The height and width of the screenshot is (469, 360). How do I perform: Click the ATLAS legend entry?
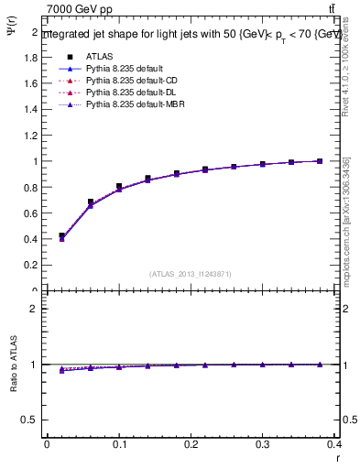[98, 56]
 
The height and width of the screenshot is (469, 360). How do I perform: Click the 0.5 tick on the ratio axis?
[30, 420]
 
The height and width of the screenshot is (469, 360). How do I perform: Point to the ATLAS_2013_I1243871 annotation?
[190, 274]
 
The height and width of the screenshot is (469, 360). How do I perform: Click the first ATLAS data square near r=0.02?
[61, 236]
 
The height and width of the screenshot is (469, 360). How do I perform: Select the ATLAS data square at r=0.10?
[119, 187]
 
